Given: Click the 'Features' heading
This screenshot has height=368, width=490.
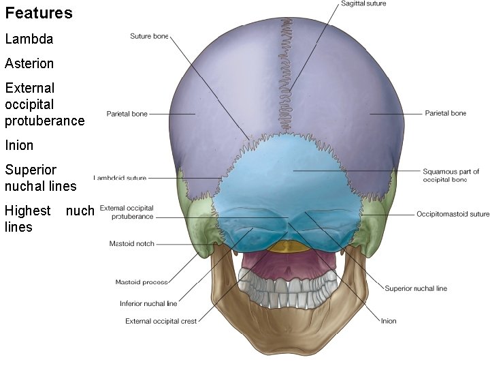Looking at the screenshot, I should coord(39,13).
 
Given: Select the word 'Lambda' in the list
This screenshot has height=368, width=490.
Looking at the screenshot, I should coord(29,39).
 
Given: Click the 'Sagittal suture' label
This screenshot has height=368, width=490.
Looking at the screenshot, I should coord(363,4).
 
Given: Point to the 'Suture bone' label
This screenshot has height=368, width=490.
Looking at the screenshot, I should coord(148,36).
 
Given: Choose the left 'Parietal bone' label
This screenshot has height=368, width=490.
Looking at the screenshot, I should coord(127,114).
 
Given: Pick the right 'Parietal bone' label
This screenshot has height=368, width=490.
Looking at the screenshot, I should coord(445,113).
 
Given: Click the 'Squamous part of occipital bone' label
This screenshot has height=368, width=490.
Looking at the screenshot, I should coord(451,175).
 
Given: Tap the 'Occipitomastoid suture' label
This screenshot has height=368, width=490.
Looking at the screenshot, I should coord(453,214).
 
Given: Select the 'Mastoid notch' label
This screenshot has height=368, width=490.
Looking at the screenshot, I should coord(131,243).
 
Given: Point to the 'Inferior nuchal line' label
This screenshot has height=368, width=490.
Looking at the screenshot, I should coord(148,303).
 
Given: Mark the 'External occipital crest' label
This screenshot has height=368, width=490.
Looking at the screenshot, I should coord(161,321).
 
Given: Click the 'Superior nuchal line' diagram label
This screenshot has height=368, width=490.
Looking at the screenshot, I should coord(416,288).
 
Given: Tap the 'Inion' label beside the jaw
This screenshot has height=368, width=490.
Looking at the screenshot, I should coord(389,320).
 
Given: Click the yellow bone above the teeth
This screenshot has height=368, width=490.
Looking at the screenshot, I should coord(287,247).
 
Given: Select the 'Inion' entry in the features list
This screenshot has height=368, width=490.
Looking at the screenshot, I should coord(19,145).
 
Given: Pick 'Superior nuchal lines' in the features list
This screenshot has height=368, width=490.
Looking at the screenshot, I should coord(41,177).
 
